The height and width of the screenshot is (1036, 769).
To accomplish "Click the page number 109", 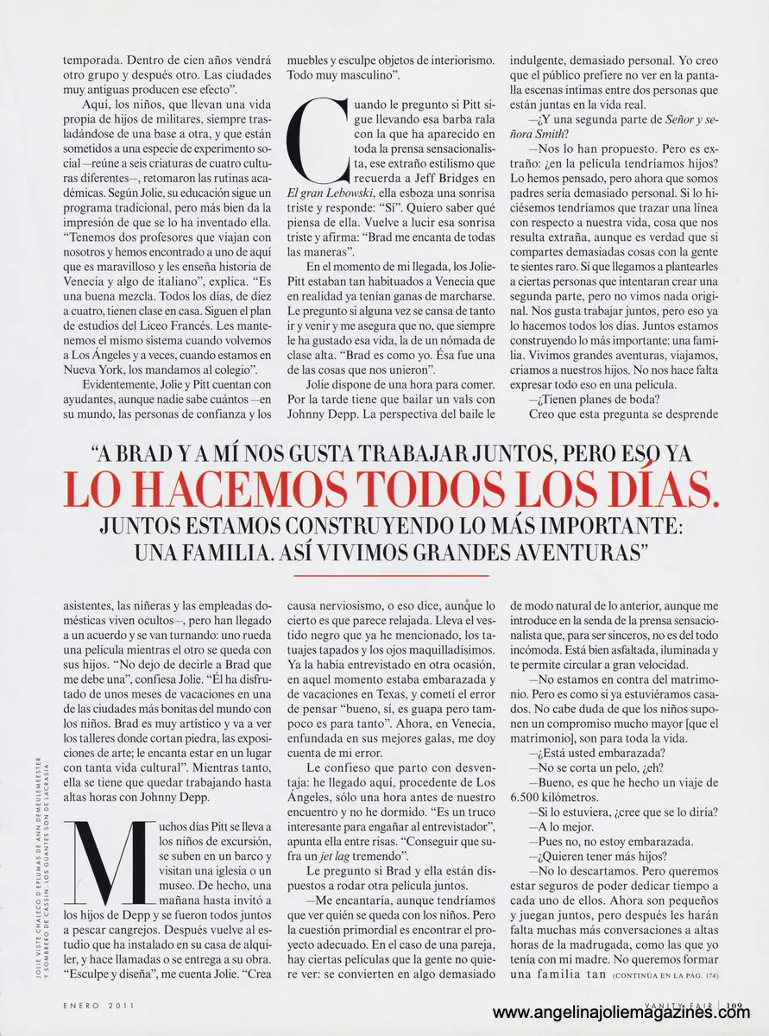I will point(734,1005).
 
